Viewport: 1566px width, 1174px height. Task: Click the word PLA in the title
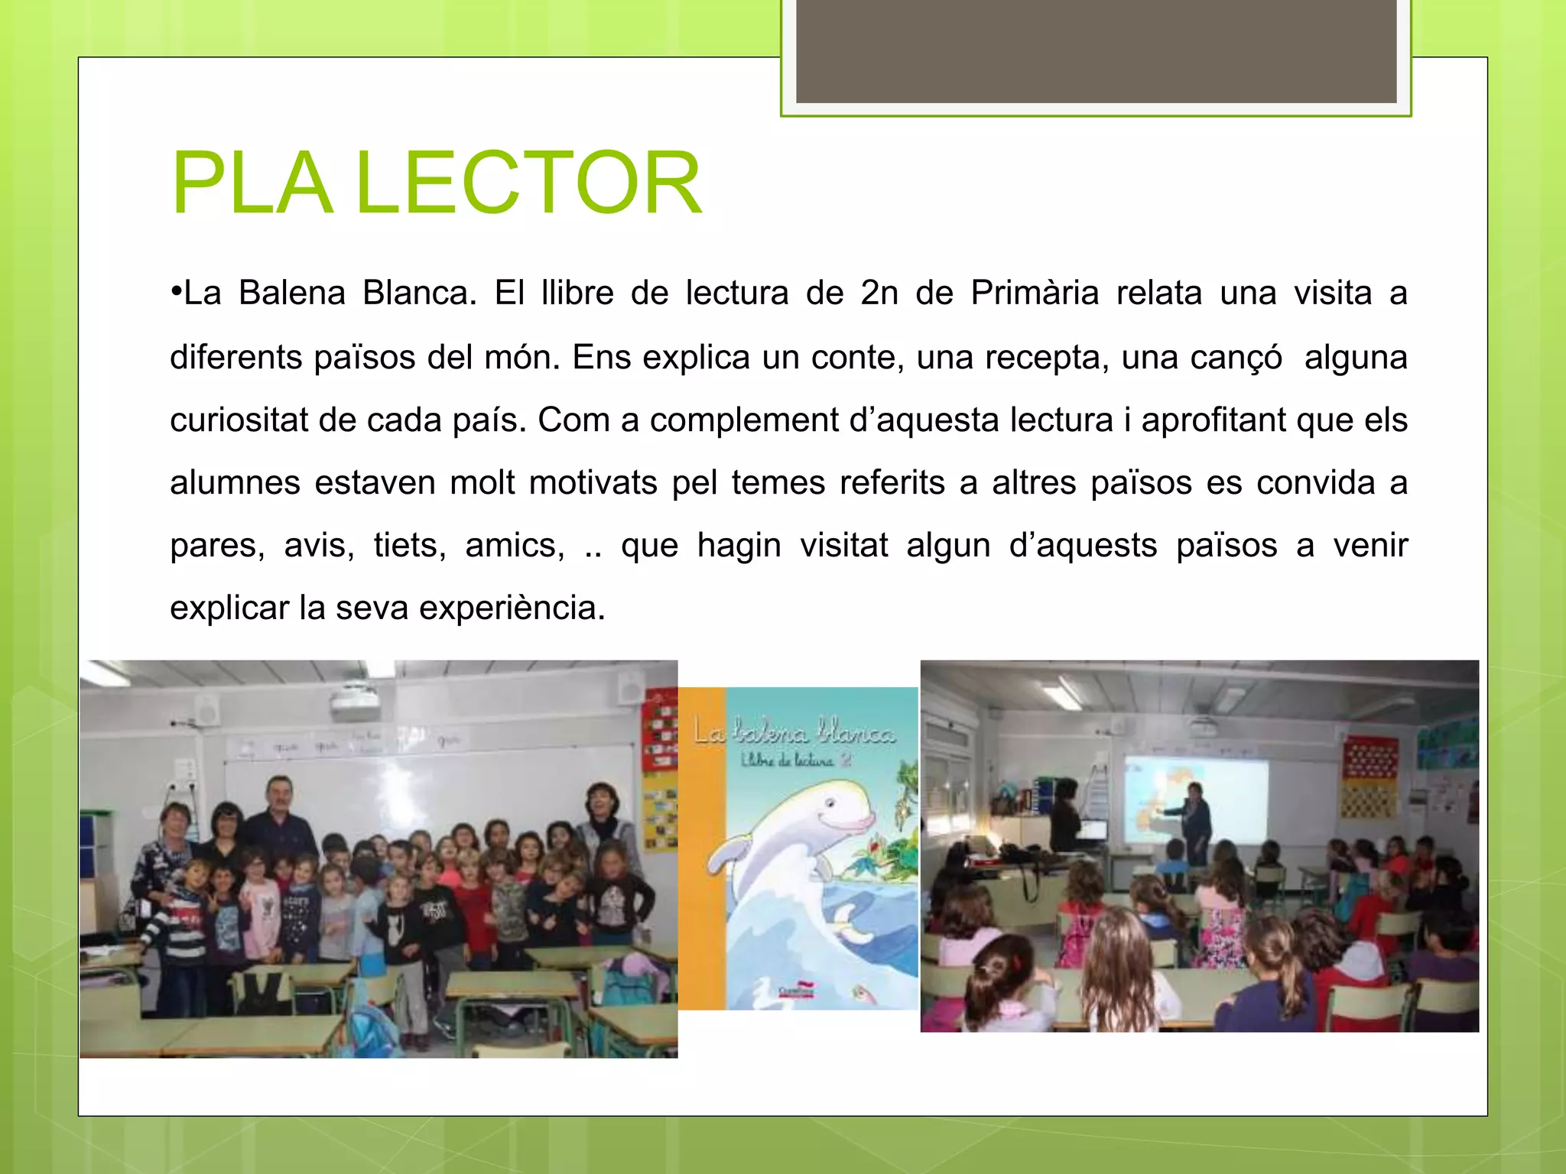tap(252, 183)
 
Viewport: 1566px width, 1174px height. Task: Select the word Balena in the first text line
tap(292, 293)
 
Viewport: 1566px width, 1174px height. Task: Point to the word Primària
tap(1035, 293)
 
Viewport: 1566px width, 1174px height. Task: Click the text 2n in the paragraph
tap(879, 293)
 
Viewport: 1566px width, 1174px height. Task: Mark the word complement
tap(744, 420)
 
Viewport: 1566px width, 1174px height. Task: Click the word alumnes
tap(235, 483)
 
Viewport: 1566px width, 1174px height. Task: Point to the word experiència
tap(512, 608)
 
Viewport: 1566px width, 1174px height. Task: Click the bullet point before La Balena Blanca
tap(176, 292)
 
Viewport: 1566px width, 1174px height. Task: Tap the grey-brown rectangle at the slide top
tap(1096, 50)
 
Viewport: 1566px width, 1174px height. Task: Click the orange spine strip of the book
tap(701, 848)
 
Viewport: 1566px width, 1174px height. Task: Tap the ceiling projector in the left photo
tap(356, 703)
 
